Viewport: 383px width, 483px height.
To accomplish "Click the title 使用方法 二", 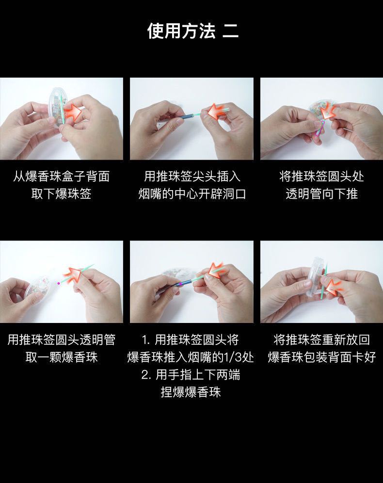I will coord(192,31).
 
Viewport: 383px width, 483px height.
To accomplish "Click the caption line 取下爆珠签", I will coord(61,194).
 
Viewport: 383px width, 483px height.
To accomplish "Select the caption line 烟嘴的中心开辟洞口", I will coord(192,194).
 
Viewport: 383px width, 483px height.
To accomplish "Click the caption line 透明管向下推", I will coord(321,194).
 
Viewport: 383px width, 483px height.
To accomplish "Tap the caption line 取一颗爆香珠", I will coord(61,358).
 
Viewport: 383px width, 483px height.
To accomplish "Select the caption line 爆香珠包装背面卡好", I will coord(321,358).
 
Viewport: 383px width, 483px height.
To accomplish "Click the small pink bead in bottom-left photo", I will coord(59,283).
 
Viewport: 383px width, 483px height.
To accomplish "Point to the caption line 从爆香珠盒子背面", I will coord(61,177).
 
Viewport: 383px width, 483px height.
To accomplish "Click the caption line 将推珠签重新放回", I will coord(321,339).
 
